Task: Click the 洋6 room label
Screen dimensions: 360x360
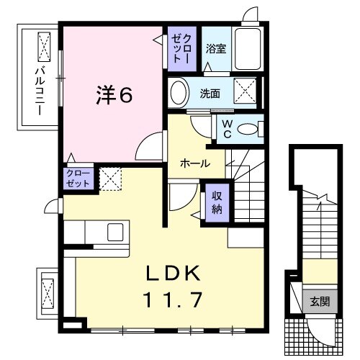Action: pos(114,95)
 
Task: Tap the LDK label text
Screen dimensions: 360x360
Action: pos(174,273)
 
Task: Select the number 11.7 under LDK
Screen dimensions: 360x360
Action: pos(173,300)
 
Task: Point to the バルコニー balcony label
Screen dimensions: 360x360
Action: pos(40,91)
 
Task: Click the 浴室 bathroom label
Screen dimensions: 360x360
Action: pos(216,49)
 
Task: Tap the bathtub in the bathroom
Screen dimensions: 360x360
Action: pos(248,49)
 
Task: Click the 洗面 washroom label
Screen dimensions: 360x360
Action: pos(210,94)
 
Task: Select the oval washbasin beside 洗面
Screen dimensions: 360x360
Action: pos(179,92)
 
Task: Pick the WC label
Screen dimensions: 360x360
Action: pos(227,130)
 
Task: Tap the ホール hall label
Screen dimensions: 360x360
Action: pos(195,164)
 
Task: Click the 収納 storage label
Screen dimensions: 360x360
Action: pos(217,203)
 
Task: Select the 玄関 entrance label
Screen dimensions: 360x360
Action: pos(320,302)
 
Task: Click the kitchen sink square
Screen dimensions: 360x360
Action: pos(115,232)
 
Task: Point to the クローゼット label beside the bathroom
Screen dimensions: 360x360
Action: pos(182,49)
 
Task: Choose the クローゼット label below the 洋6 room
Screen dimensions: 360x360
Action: pos(78,179)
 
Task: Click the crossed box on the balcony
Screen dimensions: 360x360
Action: pos(45,47)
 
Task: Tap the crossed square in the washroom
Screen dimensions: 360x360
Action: pos(245,91)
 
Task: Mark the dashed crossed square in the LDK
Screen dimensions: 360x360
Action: pos(110,179)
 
